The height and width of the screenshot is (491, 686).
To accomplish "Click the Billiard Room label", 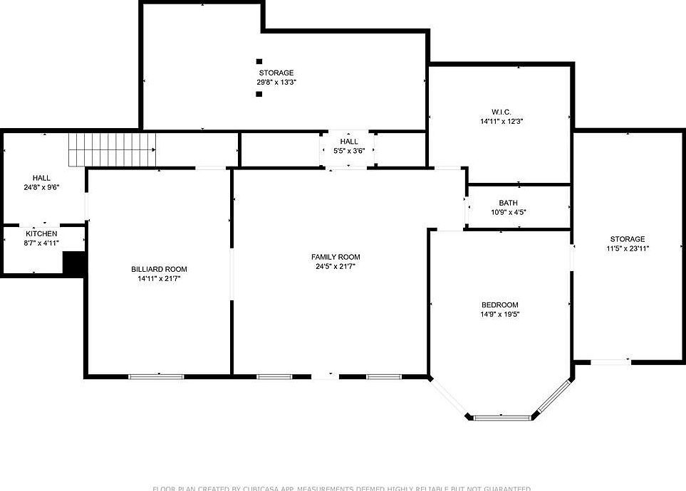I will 159,269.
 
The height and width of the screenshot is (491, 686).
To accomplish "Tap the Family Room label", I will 336,257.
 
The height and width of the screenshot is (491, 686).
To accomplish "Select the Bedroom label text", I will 499,305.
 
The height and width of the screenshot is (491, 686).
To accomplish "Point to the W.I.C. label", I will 501,112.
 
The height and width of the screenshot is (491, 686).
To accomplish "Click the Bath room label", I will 509,203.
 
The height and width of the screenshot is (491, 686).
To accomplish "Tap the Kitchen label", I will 42,233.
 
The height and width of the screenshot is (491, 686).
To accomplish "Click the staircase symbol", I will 112,149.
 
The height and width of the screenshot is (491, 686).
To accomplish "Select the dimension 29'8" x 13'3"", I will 276,82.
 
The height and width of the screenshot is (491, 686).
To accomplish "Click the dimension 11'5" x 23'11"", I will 627,248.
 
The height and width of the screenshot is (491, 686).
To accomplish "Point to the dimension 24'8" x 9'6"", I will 41,187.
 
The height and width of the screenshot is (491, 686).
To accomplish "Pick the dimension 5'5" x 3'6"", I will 349,150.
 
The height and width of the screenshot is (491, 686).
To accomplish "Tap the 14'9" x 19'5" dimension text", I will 499,314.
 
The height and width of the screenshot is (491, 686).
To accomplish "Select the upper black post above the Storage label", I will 259,62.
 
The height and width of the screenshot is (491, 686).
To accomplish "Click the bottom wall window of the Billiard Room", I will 156,376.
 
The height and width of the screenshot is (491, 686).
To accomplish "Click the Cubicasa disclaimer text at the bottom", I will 342,488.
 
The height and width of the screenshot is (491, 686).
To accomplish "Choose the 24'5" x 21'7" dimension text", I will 336,266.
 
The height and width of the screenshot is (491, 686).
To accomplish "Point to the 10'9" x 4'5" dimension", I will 509,212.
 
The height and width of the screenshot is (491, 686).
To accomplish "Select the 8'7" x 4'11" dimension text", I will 42,243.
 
